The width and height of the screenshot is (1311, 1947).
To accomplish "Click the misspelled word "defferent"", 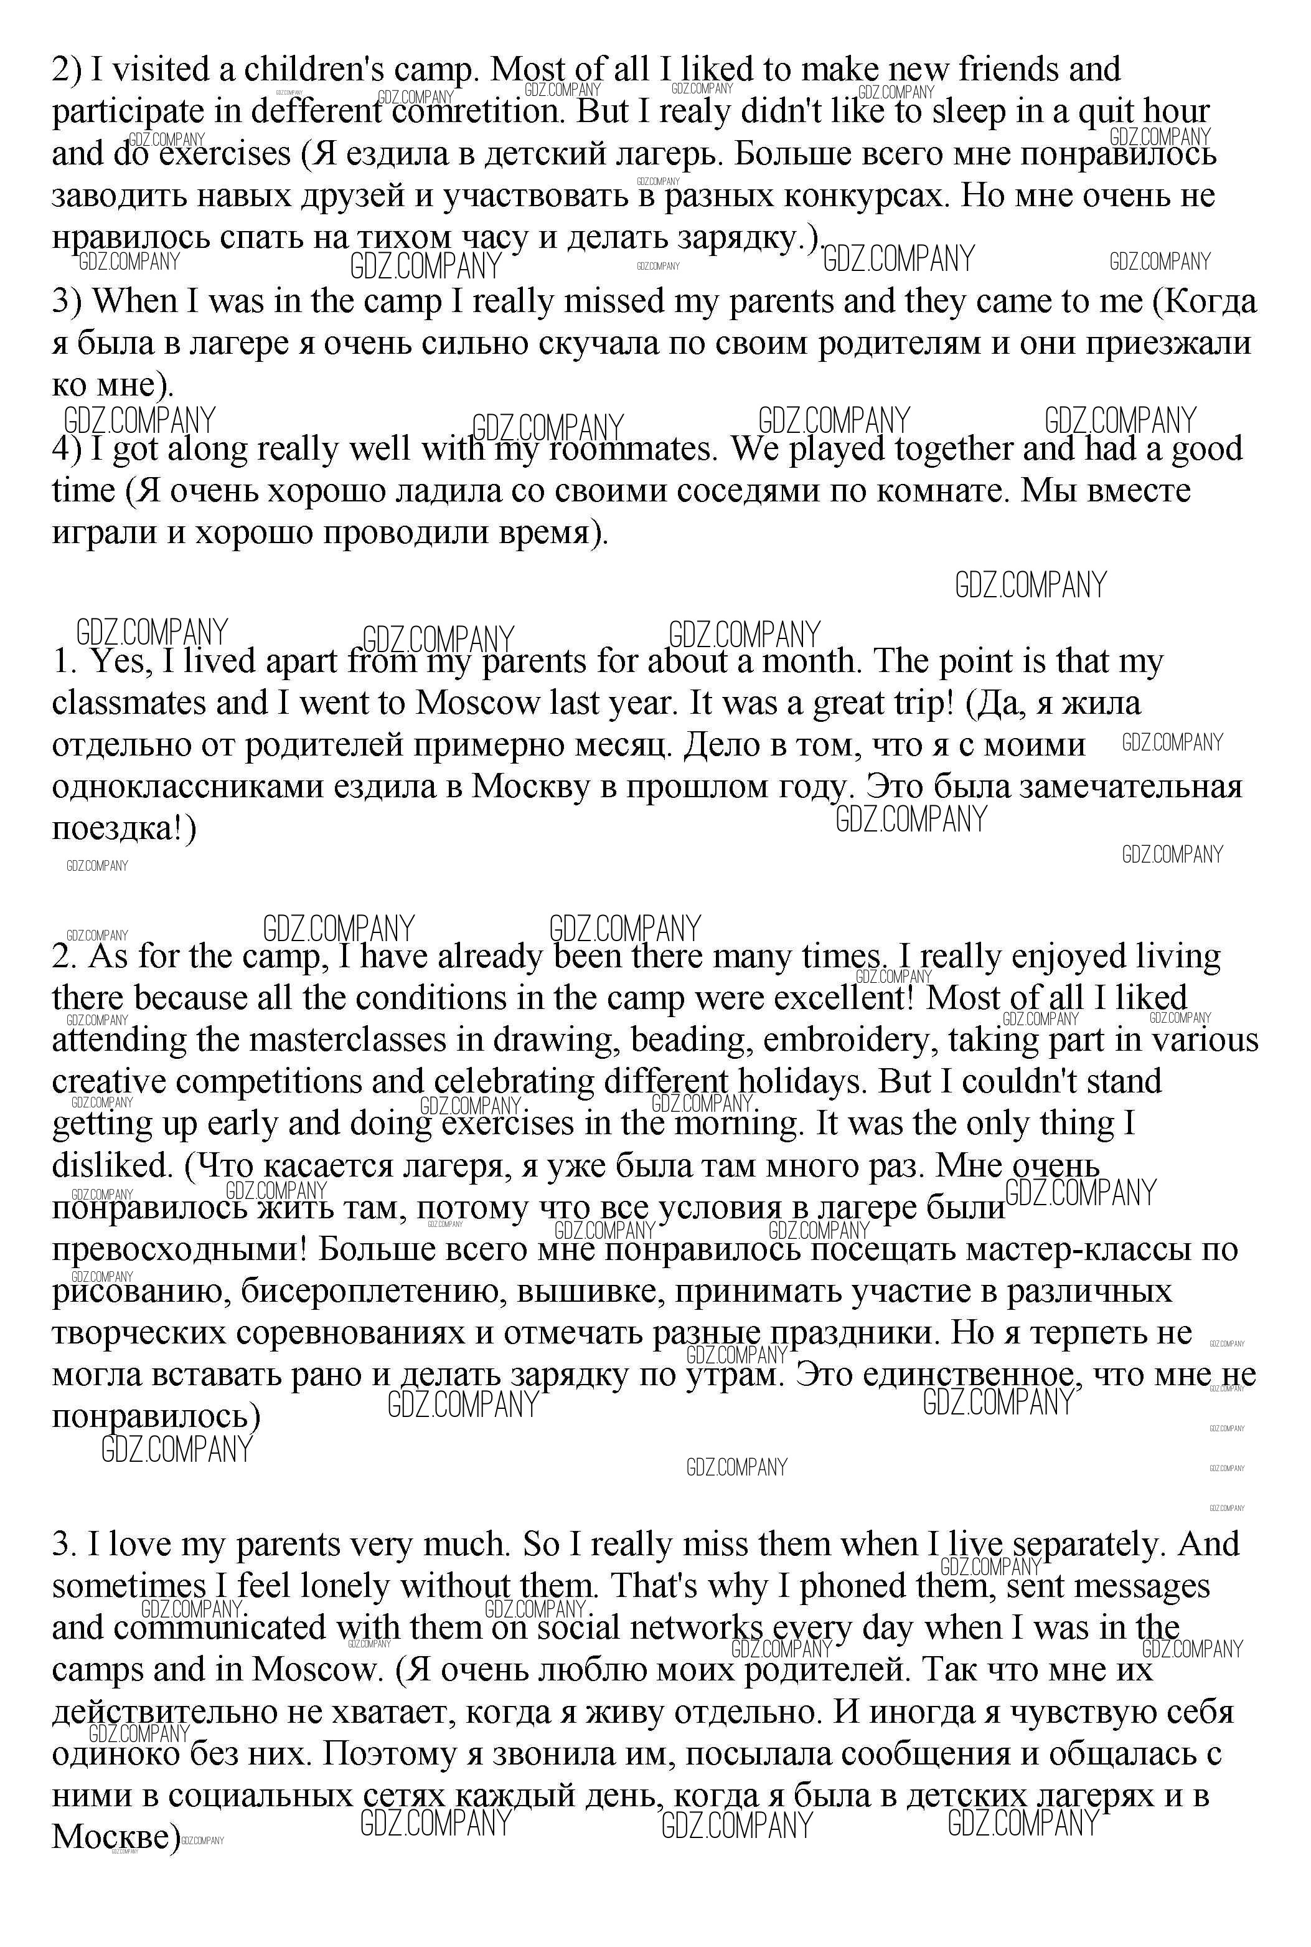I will coord(299,112).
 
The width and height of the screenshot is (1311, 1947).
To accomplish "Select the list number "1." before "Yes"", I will coord(64,661).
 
